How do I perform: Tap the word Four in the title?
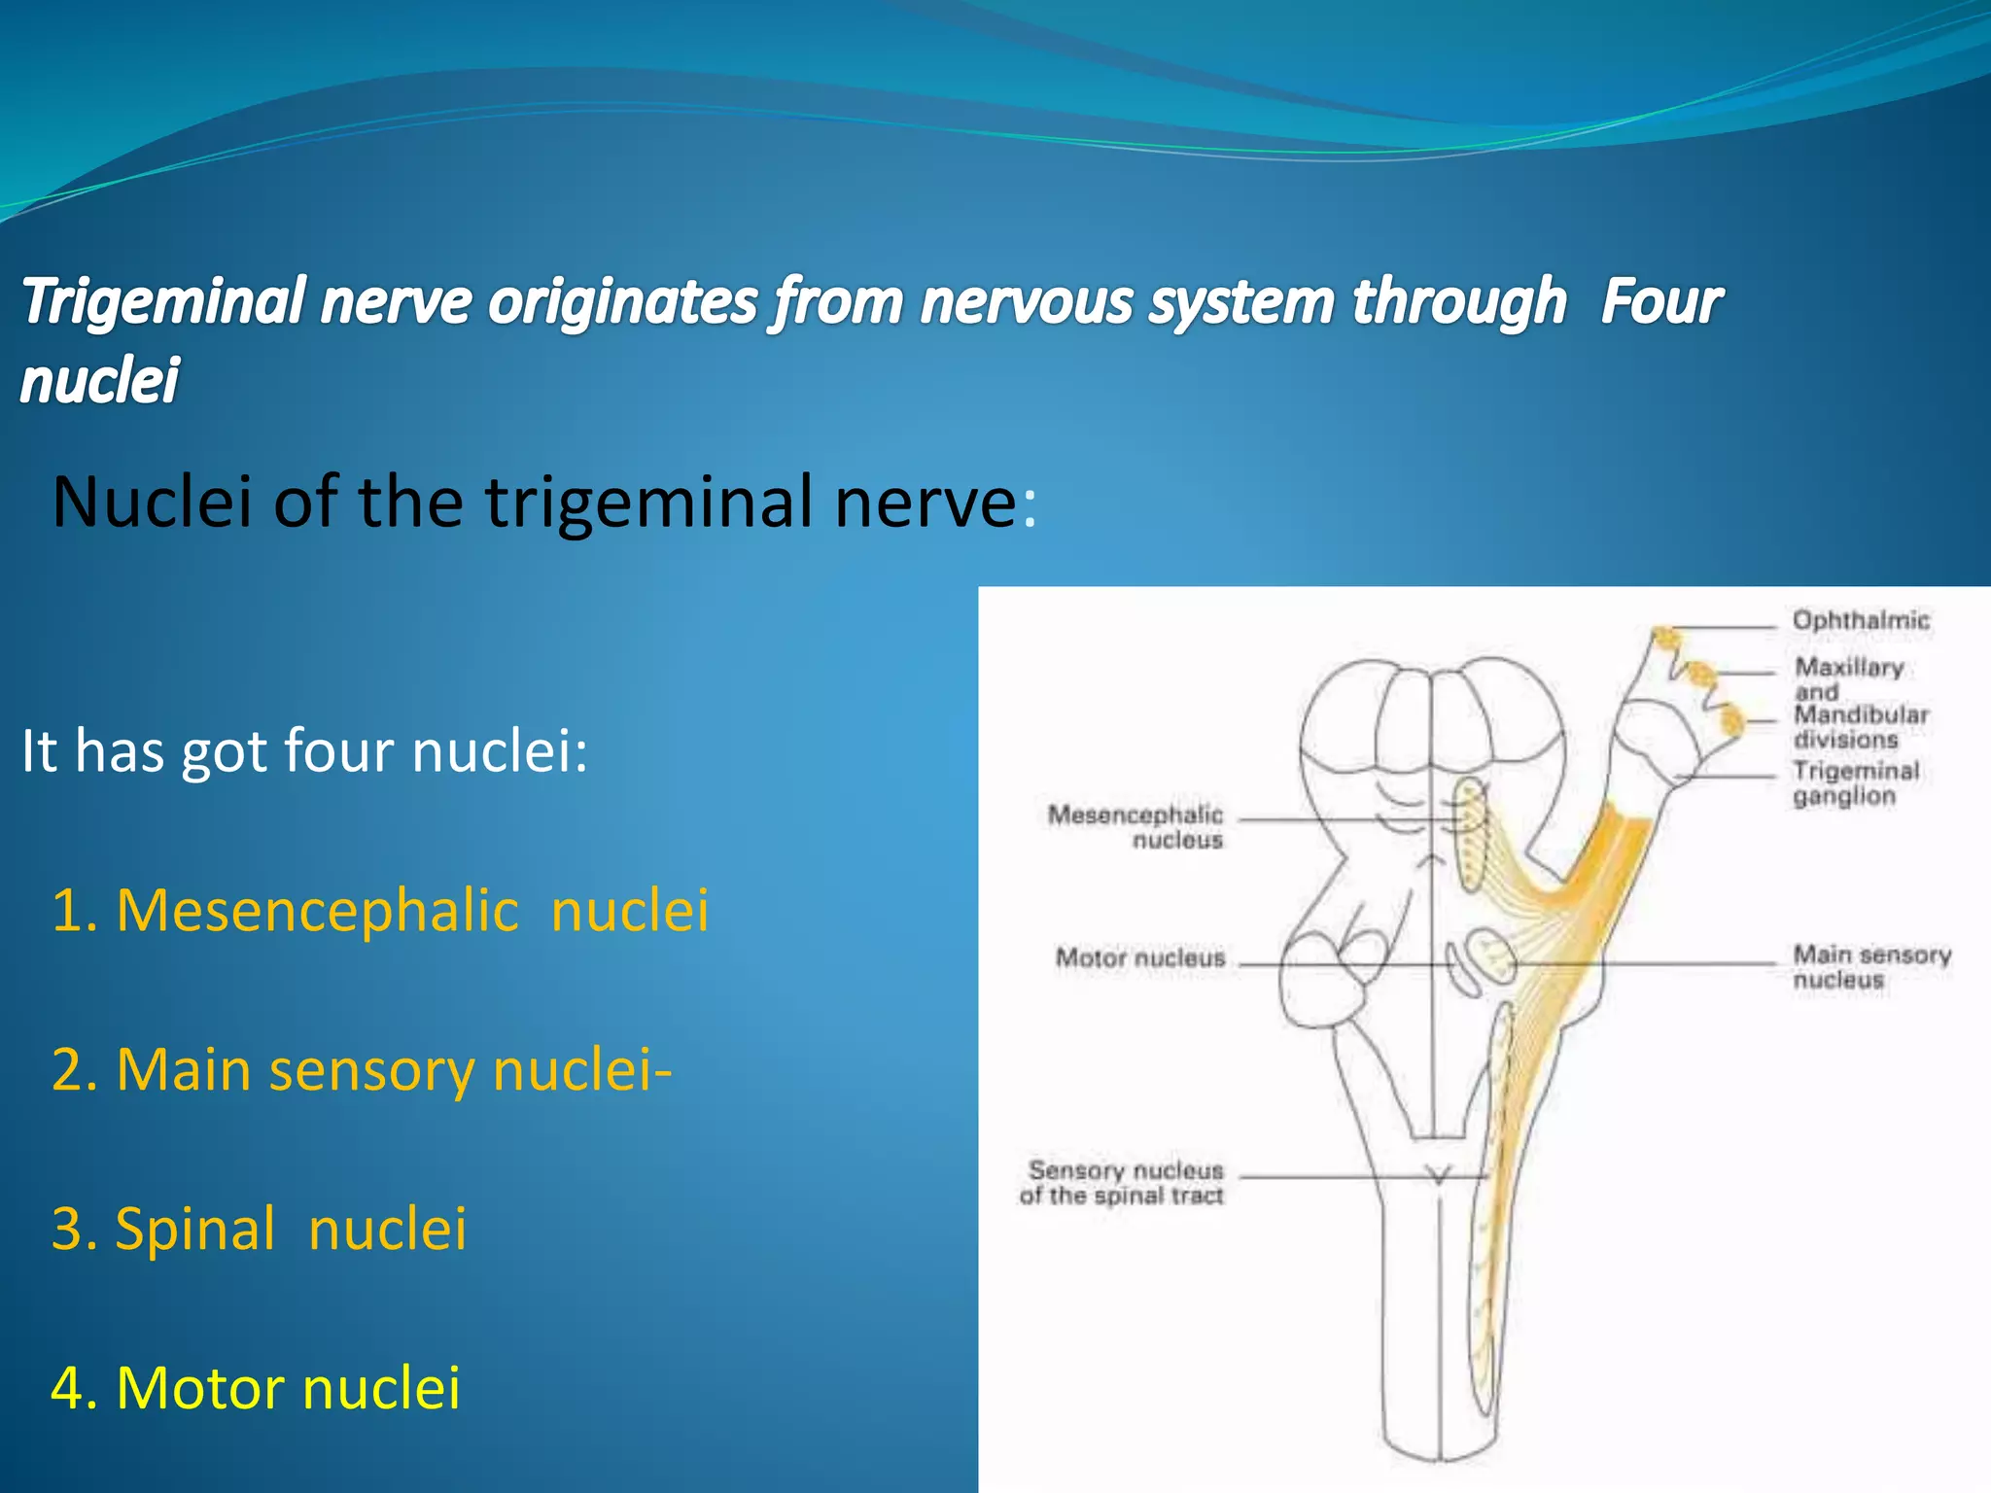(1660, 301)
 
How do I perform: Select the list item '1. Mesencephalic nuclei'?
(379, 911)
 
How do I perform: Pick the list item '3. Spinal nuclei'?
(259, 1229)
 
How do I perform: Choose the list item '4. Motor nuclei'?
(255, 1388)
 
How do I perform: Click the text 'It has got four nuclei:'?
(304, 751)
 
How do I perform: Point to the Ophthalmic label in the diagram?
(1860, 620)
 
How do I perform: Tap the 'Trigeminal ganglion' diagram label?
(1855, 783)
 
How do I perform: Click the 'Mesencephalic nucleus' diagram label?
(1135, 827)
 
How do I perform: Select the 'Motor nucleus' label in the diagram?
(1139, 958)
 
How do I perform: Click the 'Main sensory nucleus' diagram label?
(1870, 967)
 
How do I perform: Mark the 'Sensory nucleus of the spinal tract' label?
(1123, 1183)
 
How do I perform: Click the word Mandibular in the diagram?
(1861, 715)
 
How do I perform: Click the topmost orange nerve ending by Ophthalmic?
(1666, 638)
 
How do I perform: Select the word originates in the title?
(622, 301)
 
